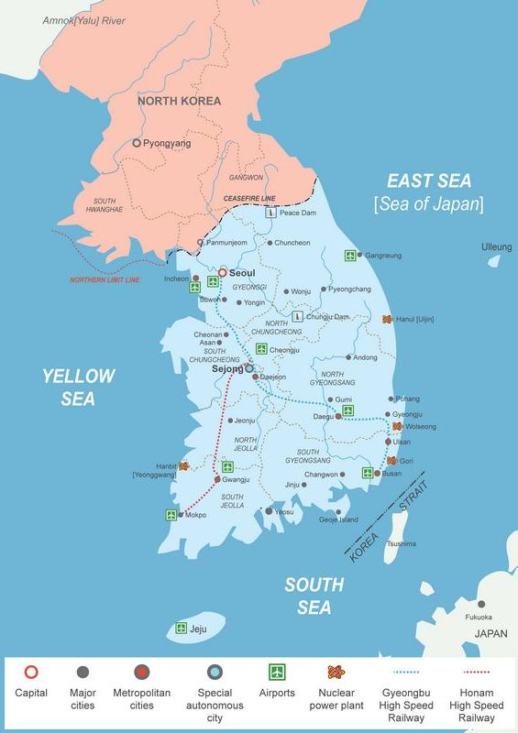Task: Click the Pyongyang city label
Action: click(x=167, y=144)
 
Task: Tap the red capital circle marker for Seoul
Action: click(x=222, y=272)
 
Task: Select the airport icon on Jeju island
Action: click(x=182, y=629)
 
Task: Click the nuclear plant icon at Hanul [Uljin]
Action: click(x=387, y=320)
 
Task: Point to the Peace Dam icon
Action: click(x=270, y=213)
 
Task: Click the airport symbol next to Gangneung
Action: click(x=349, y=256)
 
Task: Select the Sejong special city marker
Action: click(x=249, y=368)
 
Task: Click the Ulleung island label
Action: click(x=497, y=247)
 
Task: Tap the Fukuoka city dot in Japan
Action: click(x=480, y=605)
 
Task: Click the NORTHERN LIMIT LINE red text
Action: click(x=105, y=280)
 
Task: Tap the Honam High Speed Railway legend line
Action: click(x=475, y=673)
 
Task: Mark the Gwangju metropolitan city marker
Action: click(x=217, y=479)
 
